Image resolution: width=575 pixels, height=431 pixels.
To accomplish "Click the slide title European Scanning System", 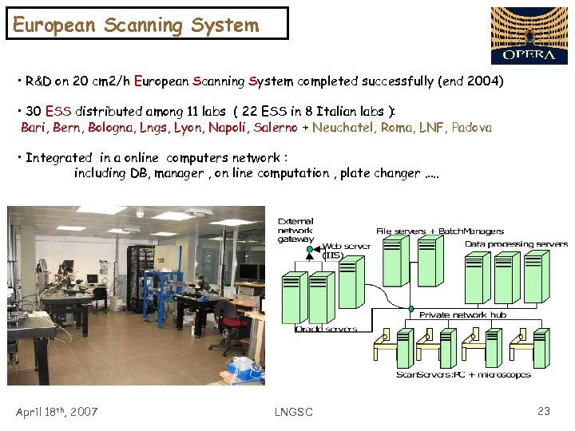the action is [136, 25].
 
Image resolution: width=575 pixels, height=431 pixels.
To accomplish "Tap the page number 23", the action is [544, 411].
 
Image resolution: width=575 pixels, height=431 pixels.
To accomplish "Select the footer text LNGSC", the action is [293, 412].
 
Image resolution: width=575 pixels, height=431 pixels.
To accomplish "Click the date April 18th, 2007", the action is [57, 412].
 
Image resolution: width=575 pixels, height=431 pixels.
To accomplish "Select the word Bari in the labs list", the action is [34, 128].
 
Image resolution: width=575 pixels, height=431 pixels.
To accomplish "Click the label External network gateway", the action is [296, 230].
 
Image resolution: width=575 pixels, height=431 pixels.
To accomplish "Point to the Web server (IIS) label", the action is [346, 250].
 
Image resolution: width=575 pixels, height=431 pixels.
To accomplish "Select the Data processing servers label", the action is [516, 244].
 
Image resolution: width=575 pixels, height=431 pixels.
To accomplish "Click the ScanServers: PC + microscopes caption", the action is [463, 374].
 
